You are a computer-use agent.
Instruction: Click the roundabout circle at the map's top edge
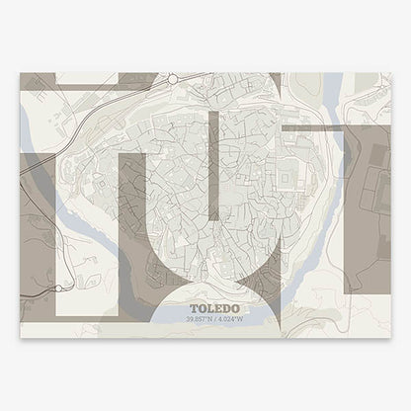[x=171, y=78]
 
